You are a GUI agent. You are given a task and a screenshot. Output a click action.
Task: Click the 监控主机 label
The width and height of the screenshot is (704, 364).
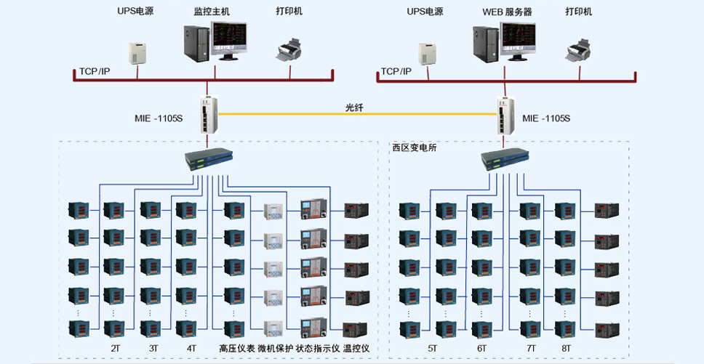212,12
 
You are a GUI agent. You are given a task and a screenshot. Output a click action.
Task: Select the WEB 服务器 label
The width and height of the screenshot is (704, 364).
508,12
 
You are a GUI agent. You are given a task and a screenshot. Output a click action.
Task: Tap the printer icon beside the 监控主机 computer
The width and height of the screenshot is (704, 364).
288,49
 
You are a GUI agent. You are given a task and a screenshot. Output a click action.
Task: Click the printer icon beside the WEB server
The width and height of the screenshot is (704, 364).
578,49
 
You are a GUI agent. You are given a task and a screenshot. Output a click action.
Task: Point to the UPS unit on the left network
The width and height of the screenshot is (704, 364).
138,53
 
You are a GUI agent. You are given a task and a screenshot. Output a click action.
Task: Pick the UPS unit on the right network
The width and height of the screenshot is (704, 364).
428,54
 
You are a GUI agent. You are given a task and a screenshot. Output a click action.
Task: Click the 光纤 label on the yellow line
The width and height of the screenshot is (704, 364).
353,108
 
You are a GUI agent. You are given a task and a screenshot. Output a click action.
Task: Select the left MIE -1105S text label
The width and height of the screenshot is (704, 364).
159,118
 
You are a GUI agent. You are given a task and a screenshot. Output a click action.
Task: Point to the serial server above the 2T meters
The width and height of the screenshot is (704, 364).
209,159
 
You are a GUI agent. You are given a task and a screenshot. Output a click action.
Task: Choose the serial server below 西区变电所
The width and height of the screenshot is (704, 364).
505,159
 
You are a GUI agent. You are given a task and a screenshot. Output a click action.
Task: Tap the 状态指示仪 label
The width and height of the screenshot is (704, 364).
318,348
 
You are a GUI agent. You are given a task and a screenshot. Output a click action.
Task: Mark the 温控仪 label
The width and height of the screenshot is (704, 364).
356,348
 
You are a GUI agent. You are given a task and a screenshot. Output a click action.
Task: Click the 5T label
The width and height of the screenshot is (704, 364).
432,348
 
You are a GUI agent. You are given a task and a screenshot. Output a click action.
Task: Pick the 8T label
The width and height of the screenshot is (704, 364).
566,348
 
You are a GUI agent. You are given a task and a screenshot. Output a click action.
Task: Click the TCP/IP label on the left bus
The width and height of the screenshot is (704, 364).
95,71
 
